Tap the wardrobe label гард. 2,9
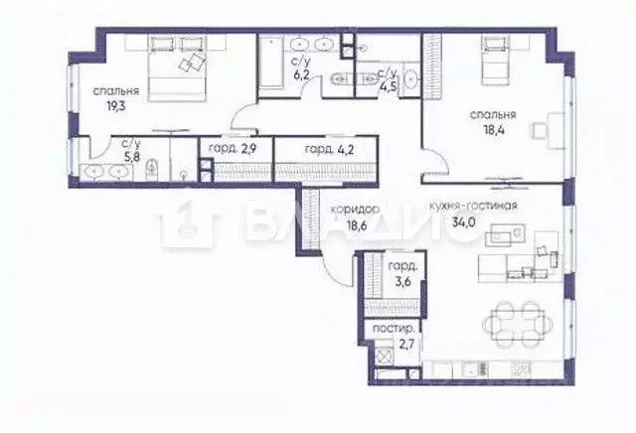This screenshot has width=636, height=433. pyautogui.click(x=233, y=149)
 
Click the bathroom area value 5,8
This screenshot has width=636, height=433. pyautogui.click(x=132, y=156)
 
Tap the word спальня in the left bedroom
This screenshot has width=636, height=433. pyautogui.click(x=117, y=91)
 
